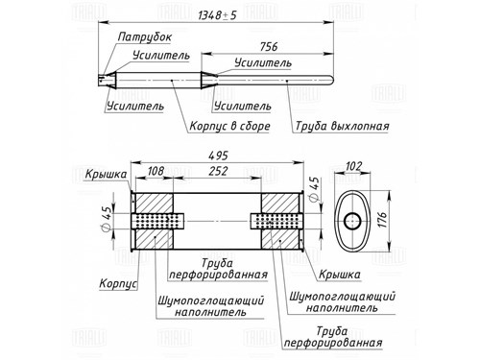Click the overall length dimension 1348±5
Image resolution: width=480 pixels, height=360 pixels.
tap(217, 15)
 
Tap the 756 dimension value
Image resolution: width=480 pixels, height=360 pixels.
tap(269, 47)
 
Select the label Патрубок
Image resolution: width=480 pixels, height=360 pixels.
tap(145, 37)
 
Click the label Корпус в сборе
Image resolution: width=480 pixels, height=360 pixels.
tap(229, 126)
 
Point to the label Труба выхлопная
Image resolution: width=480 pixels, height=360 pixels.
tap(342, 126)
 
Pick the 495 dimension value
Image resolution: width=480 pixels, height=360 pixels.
tap(218, 156)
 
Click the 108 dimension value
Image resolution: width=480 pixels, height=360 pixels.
tap(156, 171)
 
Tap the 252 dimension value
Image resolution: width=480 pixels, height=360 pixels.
tap(218, 171)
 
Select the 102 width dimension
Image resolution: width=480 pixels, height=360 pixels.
tap(353, 166)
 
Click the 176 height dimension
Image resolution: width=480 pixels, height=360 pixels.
tap(382, 220)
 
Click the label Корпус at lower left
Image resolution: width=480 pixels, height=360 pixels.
tap(118, 283)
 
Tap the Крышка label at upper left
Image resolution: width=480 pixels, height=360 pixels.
tap(106, 175)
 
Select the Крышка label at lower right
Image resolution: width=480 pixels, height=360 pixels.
tap(340, 275)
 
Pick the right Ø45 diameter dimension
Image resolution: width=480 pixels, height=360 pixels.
tap(314, 189)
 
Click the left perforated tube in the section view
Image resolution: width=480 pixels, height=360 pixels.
tap(157, 221)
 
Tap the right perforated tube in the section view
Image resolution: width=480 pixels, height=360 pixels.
tap(276, 221)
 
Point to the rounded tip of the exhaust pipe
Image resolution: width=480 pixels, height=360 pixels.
tap(332, 79)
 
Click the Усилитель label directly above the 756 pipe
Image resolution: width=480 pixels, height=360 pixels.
tap(263, 63)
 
